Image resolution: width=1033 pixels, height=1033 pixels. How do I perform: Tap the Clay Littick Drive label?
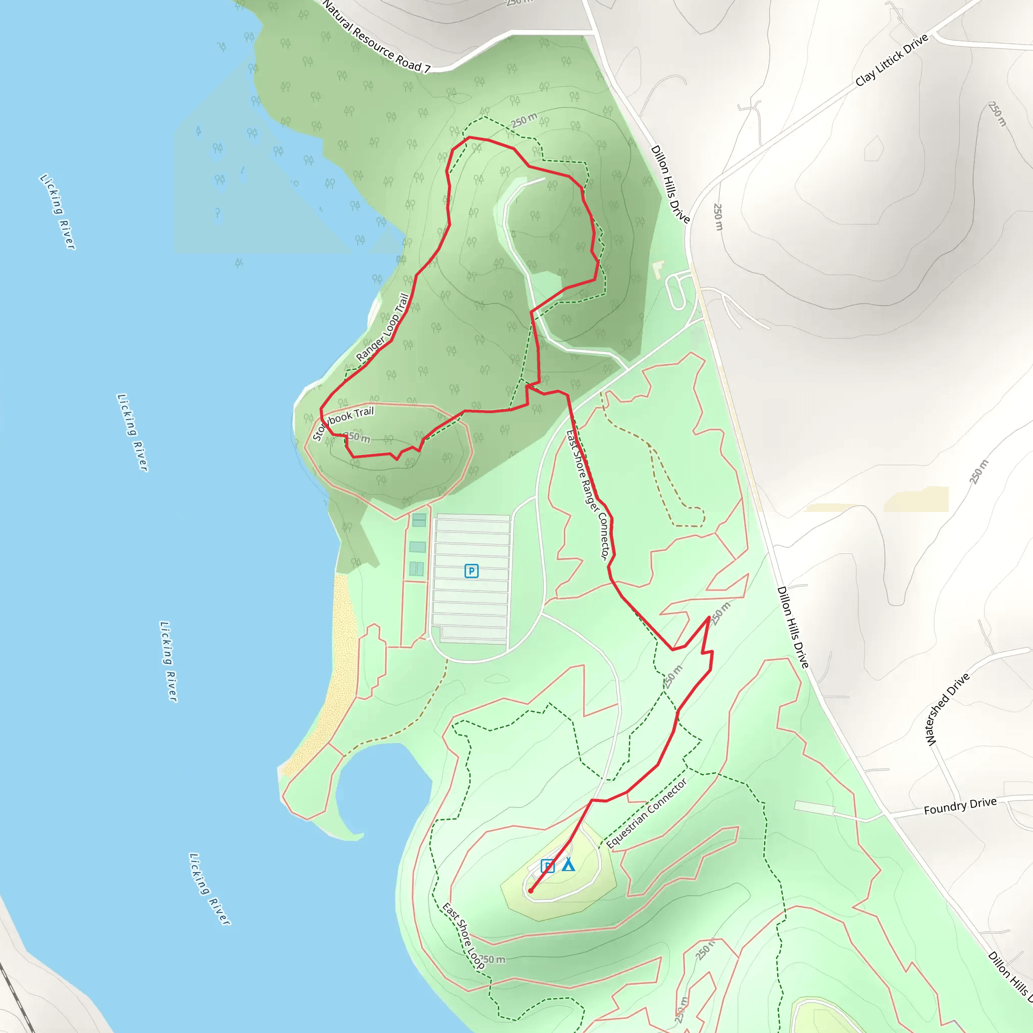(891, 61)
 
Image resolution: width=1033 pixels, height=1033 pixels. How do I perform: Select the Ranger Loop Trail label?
(383, 327)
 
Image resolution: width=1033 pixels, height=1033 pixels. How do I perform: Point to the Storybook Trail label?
(342, 422)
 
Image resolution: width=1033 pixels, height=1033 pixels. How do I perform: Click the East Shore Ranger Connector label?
(588, 495)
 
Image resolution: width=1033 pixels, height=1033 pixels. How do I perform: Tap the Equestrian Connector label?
(647, 813)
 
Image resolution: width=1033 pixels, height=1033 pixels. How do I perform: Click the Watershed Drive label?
(947, 710)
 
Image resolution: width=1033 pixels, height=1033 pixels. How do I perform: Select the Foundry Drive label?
(960, 806)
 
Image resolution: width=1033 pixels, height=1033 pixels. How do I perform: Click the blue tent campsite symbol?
(568, 865)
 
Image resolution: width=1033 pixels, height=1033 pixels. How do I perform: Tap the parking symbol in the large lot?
(471, 571)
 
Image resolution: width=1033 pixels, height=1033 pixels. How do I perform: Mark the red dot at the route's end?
(531, 891)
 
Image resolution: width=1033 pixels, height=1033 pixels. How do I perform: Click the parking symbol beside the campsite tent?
(547, 866)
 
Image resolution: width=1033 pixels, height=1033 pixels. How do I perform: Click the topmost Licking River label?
(58, 211)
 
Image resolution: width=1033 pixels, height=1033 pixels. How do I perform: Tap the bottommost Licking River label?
(210, 889)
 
